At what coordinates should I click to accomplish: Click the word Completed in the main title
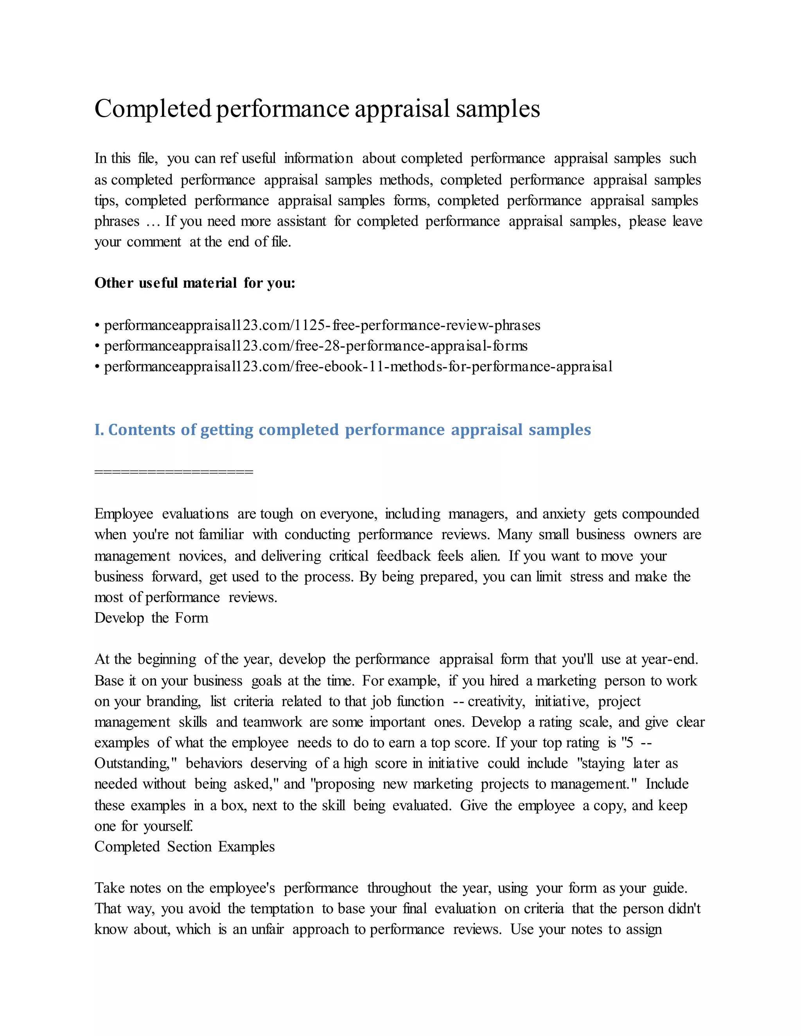153,109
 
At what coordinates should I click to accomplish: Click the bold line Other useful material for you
194,283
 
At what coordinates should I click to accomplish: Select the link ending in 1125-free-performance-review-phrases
322,325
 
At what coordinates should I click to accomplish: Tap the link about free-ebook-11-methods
358,367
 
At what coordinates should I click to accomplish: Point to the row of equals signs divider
174,471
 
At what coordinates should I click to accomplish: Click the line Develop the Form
151,618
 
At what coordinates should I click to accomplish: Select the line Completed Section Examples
184,847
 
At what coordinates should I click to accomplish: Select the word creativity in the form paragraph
496,702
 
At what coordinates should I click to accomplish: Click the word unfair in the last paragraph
267,929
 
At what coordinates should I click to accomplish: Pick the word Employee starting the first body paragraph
123,514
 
